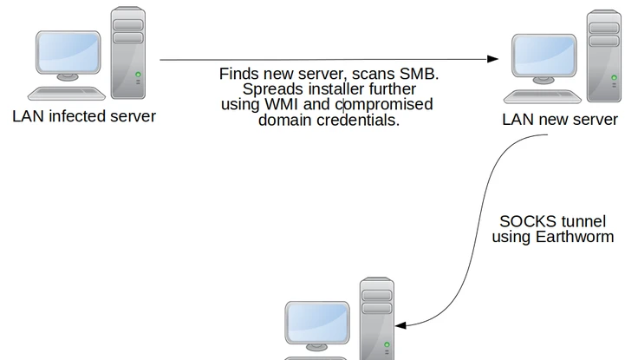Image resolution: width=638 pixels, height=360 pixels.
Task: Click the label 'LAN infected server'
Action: tap(84, 115)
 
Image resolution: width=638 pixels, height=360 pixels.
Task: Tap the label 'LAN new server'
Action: tap(560, 119)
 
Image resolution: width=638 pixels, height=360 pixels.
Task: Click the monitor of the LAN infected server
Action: tap(68, 56)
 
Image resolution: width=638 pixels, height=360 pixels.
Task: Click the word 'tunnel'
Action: tap(583, 222)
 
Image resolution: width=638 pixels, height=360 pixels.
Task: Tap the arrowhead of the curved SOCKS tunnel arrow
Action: tap(401, 325)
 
